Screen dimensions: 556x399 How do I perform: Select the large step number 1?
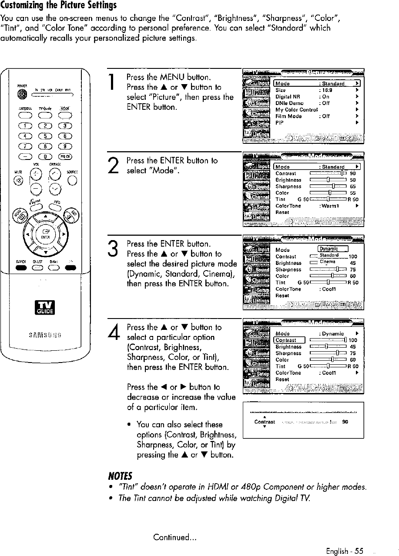112,84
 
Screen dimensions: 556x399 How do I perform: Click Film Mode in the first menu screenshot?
288,116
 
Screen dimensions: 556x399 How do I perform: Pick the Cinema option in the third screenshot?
328,261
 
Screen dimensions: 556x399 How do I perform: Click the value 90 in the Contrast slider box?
344,422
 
